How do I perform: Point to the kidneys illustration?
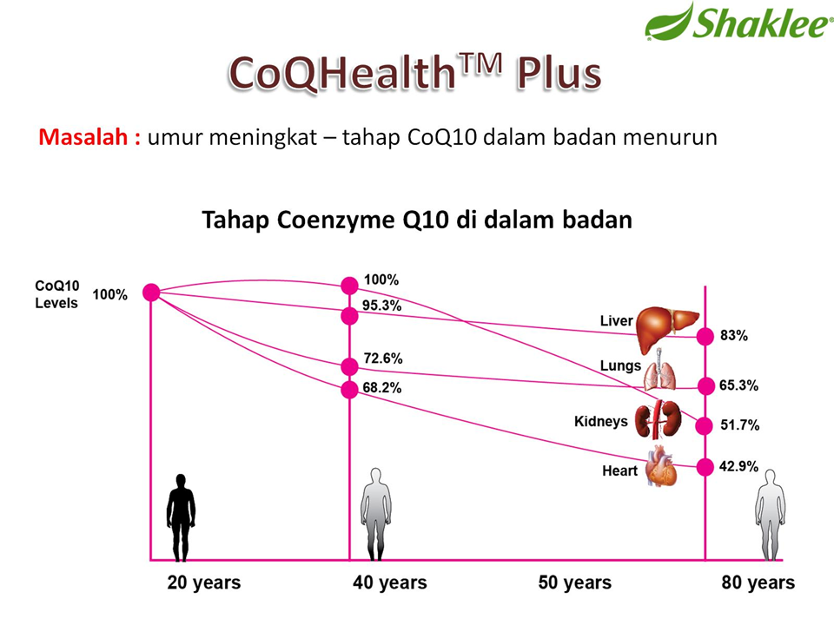654,420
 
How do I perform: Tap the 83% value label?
733,336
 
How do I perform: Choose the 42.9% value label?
738,467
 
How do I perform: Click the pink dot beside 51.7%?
704,424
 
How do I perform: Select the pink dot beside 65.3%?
704,385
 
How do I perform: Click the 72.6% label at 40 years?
382,358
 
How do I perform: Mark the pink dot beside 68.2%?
349,389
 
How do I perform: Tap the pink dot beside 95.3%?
349,316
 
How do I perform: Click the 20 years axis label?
204,582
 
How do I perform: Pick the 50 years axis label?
574,582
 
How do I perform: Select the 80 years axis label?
758,582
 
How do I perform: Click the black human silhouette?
181,517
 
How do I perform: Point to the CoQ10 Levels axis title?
56,294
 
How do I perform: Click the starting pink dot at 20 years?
151,293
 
